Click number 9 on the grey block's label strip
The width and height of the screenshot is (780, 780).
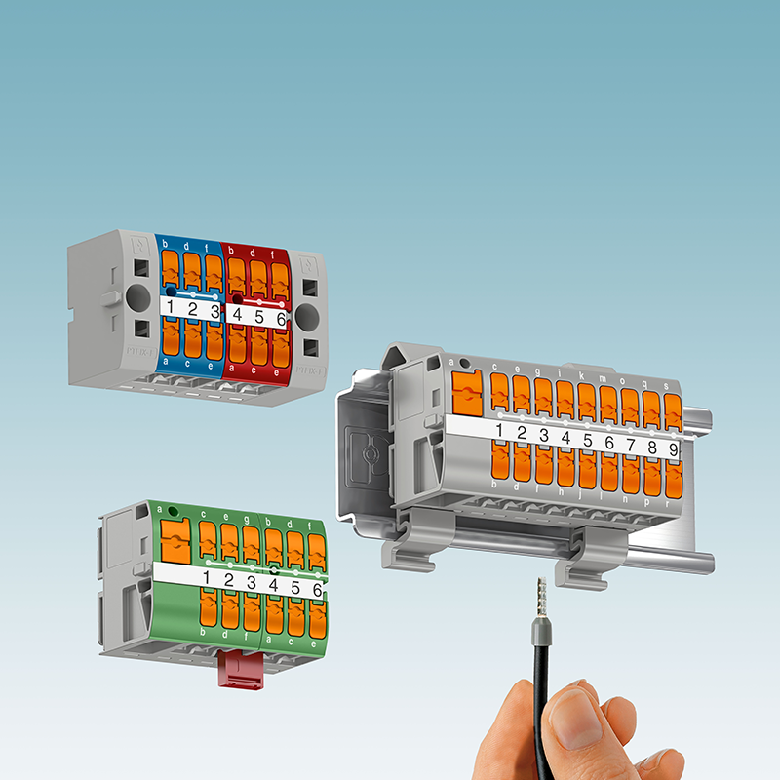[673, 450]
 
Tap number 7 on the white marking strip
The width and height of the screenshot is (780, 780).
[631, 445]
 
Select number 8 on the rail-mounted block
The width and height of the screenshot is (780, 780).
[652, 448]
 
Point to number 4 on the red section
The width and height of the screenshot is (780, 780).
[237, 314]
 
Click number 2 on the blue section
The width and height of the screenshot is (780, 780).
[192, 310]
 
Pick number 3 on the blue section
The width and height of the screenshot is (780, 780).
[214, 312]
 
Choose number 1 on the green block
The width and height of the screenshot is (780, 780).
[206, 578]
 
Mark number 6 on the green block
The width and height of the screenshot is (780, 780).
[317, 589]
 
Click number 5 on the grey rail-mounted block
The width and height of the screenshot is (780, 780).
[588, 440]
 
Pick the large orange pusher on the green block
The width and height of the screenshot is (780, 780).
[174, 538]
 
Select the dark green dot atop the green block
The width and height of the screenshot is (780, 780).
[173, 510]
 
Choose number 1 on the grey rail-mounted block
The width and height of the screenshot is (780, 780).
[501, 430]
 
